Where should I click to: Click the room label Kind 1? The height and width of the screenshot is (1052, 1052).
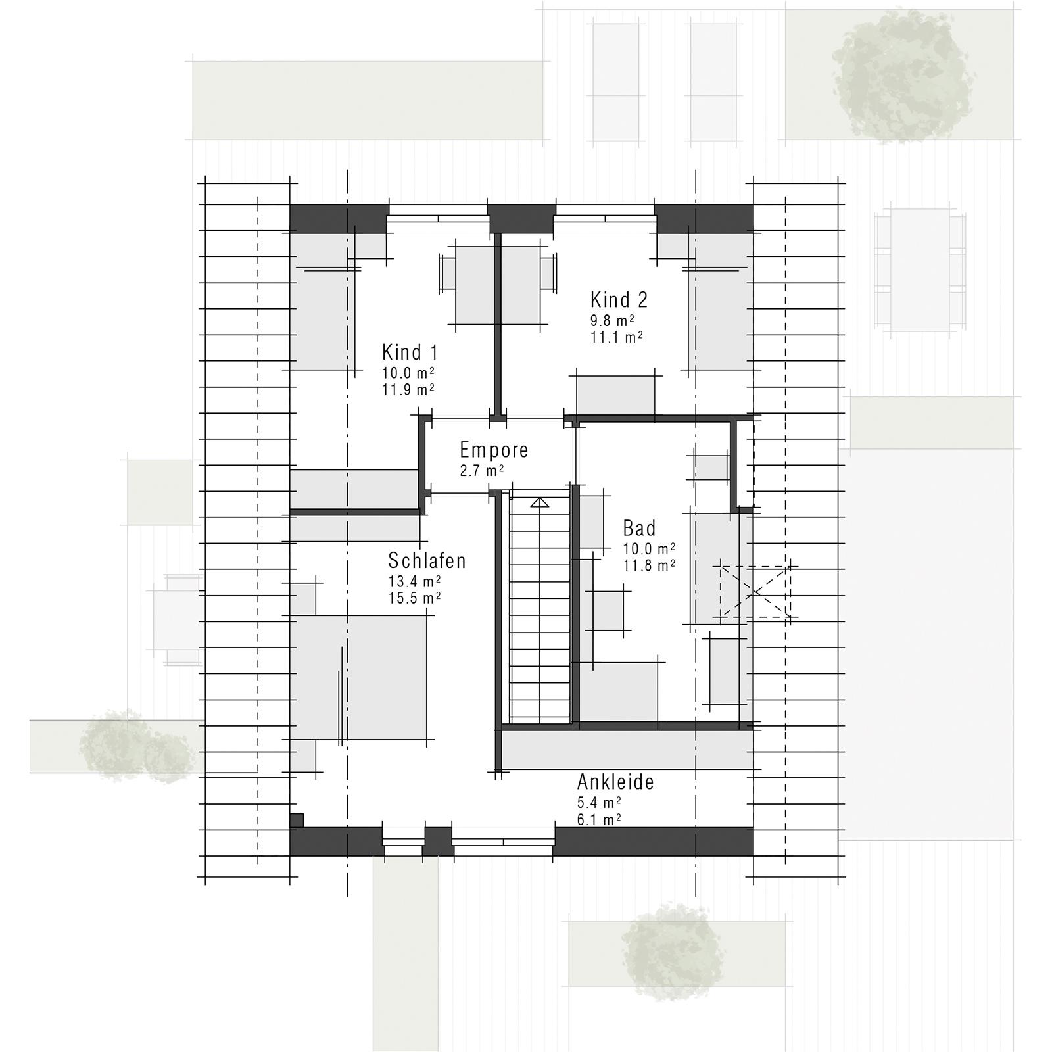tap(410, 352)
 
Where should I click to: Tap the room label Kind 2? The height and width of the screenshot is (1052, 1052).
tap(619, 300)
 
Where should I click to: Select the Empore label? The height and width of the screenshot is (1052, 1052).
tap(494, 450)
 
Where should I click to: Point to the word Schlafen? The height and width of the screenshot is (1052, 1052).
tap(427, 561)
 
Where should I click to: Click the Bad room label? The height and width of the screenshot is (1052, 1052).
tap(639, 528)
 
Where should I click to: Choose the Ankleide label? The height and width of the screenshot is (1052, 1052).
tap(615, 782)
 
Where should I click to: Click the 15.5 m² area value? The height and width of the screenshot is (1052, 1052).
tap(414, 598)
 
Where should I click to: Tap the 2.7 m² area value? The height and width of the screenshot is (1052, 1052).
tap(482, 471)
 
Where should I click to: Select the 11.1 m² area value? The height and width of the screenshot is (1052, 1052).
tap(617, 337)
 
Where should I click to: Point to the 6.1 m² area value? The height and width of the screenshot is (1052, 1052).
tap(599, 819)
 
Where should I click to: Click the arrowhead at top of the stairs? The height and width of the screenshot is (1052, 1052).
tap(540, 502)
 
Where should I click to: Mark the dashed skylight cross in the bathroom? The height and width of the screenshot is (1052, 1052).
tap(755, 592)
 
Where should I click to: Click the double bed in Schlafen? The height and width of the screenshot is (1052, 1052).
tap(359, 677)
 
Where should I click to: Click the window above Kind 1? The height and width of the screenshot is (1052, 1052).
tap(437, 218)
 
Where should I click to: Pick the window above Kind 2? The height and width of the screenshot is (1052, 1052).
tap(604, 218)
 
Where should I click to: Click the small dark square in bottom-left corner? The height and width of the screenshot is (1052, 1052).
tap(297, 820)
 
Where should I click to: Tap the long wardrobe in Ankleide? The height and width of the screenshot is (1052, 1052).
tap(628, 750)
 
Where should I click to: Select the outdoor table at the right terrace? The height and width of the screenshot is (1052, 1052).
tap(920, 271)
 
